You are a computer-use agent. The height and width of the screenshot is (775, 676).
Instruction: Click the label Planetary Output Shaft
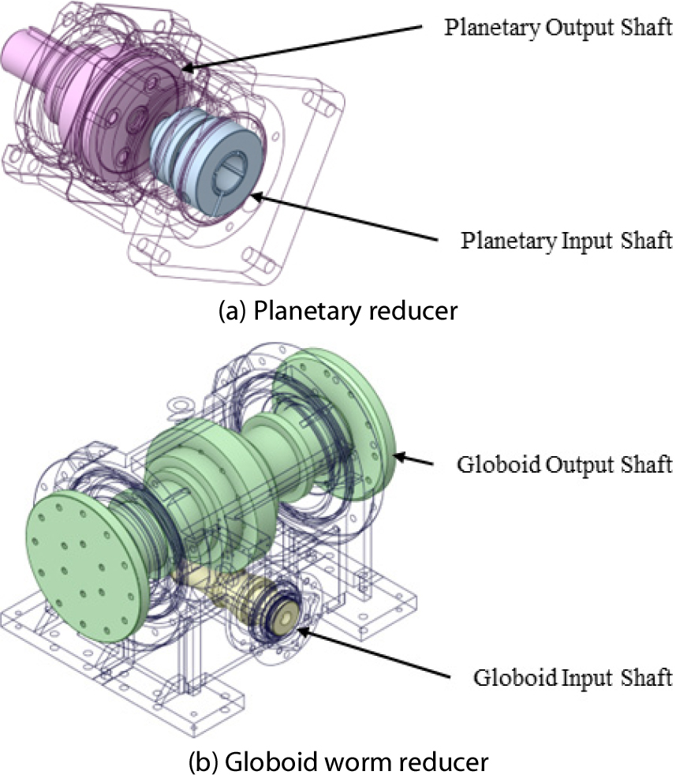coord(558,28)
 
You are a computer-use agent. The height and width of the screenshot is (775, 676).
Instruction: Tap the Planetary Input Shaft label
coord(566,241)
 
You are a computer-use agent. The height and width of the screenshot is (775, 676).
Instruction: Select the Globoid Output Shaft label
coord(564,465)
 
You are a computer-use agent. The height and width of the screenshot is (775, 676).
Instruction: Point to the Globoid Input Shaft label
coord(573,677)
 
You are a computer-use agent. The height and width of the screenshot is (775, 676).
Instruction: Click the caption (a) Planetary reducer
coord(338,311)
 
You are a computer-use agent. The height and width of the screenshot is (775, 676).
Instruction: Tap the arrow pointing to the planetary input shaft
coord(344,218)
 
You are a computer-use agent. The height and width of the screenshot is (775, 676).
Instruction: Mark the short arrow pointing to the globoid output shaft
coord(414,459)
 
